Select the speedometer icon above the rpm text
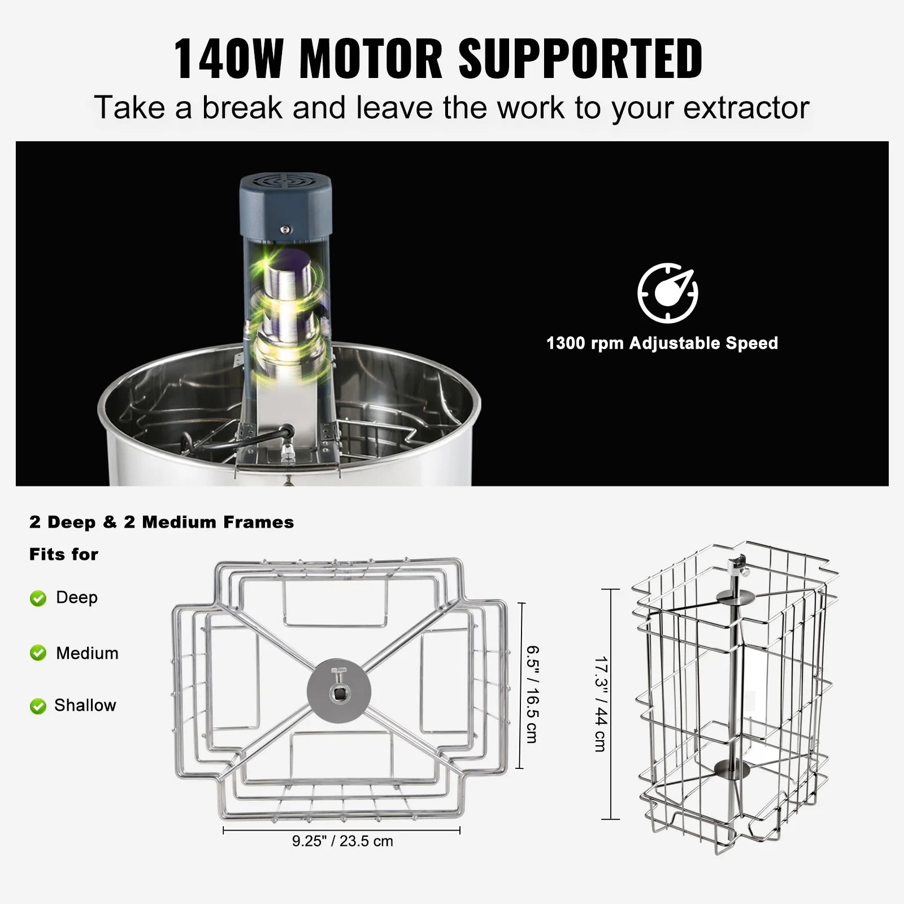pyautogui.click(x=668, y=293)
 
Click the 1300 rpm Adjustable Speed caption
pyautogui.click(x=662, y=343)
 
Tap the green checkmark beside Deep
pyautogui.click(x=38, y=598)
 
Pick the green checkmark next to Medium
pyautogui.click(x=38, y=654)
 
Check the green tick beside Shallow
pyautogui.click(x=38, y=706)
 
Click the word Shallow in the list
pyautogui.click(x=85, y=705)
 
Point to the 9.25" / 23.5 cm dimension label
pyautogui.click(x=342, y=841)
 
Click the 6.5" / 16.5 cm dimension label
pyautogui.click(x=532, y=694)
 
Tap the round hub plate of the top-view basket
pyautogui.click(x=339, y=691)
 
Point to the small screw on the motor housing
pyautogui.click(x=285, y=229)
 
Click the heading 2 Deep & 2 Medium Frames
pyautogui.click(x=162, y=522)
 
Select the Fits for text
pyautogui.click(x=64, y=554)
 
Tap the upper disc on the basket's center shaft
pyautogui.click(x=733, y=597)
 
